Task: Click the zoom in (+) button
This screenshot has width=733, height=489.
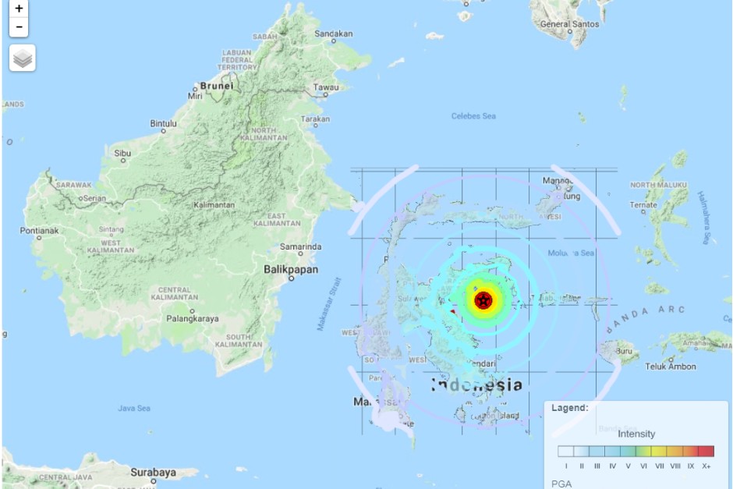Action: click(x=19, y=9)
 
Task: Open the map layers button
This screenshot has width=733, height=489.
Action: click(x=23, y=58)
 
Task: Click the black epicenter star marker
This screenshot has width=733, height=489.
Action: click(x=483, y=299)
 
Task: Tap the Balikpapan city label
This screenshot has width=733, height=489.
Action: click(x=290, y=269)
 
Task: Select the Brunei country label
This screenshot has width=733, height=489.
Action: click(x=217, y=86)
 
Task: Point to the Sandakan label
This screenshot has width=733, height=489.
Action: click(x=334, y=34)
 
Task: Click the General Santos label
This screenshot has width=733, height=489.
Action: click(x=570, y=24)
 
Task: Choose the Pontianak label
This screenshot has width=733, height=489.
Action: click(x=39, y=231)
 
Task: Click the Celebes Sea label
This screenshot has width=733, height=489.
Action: click(x=473, y=116)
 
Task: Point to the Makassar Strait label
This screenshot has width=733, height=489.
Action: click(x=329, y=303)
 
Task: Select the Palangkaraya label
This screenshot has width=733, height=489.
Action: click(x=192, y=318)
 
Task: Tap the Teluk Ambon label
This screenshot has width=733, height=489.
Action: click(x=670, y=367)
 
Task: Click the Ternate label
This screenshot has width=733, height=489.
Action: click(x=643, y=205)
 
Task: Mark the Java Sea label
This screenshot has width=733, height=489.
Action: click(x=133, y=408)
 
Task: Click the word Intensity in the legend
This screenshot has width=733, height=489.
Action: click(x=636, y=434)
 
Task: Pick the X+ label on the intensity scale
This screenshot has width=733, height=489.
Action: click(x=706, y=466)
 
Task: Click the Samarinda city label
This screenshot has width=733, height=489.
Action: click(x=301, y=246)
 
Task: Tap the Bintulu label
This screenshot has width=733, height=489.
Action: click(x=164, y=123)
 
